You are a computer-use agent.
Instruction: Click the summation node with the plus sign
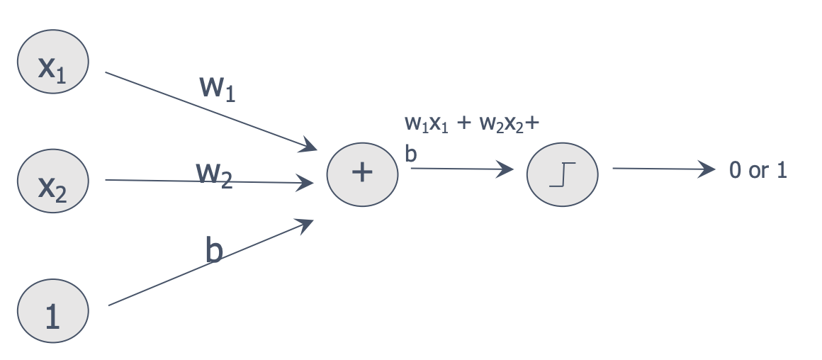pyautogui.click(x=361, y=174)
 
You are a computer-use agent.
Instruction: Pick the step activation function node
pyautogui.click(x=563, y=174)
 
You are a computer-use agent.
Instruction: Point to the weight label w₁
pyautogui.click(x=218, y=87)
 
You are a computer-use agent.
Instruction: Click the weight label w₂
pyautogui.click(x=214, y=173)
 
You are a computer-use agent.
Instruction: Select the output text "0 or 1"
pyautogui.click(x=758, y=171)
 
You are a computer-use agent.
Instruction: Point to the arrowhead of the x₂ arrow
pyautogui.click(x=308, y=183)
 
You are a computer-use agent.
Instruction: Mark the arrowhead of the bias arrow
pyautogui.click(x=307, y=224)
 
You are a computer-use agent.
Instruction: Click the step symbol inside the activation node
pyautogui.click(x=563, y=174)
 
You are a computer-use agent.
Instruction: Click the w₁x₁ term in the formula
pyautogui.click(x=426, y=123)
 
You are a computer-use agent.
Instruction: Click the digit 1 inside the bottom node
pyautogui.click(x=52, y=317)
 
